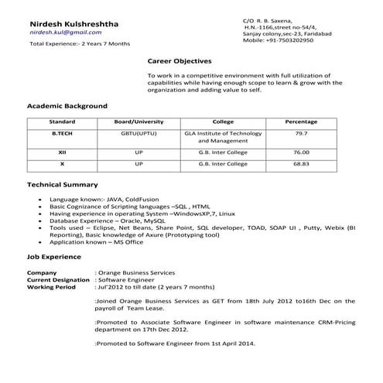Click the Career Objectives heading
(179, 60)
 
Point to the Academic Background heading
(67, 105)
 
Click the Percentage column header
(301, 122)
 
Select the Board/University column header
(138, 122)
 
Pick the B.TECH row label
(62, 133)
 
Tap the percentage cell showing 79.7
(301, 133)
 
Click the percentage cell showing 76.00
(301, 152)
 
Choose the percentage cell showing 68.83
(301, 164)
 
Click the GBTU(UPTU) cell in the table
(138, 133)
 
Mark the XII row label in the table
(62, 152)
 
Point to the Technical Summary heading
(62, 185)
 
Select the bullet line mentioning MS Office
(96, 242)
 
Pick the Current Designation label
(57, 280)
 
